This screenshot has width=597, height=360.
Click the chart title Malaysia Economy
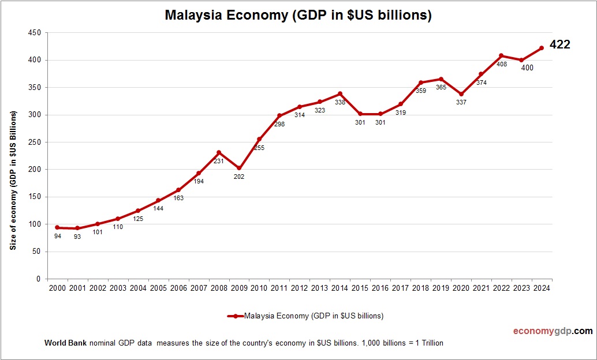click(x=298, y=16)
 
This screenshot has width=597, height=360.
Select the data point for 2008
click(x=219, y=152)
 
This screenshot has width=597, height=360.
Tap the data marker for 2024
click(x=542, y=48)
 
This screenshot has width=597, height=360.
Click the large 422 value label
click(x=559, y=44)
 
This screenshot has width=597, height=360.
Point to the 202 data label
click(x=239, y=177)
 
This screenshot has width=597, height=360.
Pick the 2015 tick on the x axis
click(x=360, y=288)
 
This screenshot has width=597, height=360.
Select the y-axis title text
click(x=13, y=181)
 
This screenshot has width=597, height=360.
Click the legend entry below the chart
click(x=305, y=316)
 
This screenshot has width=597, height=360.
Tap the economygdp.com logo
click(x=553, y=331)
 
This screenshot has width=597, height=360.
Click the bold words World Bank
click(x=65, y=343)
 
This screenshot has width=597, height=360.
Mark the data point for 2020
click(x=461, y=94)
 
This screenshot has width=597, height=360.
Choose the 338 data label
click(x=340, y=102)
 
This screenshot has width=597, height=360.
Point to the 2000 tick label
click(x=57, y=288)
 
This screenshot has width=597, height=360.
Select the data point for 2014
click(x=340, y=93)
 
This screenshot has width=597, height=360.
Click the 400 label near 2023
click(x=527, y=68)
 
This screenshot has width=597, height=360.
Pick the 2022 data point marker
click(x=501, y=55)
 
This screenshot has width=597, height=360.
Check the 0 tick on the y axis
click(x=38, y=279)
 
